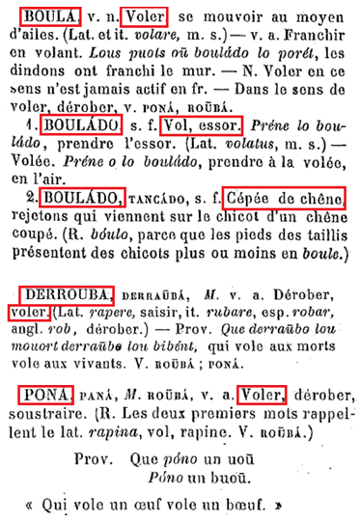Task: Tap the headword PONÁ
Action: pyautogui.click(x=44, y=393)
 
